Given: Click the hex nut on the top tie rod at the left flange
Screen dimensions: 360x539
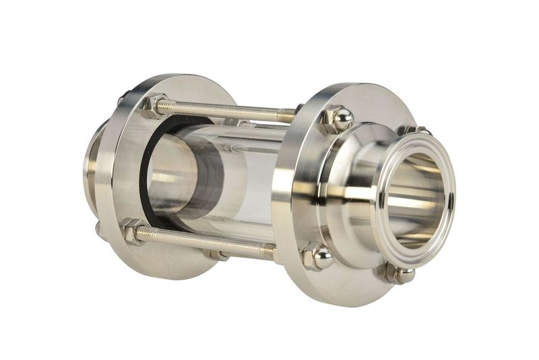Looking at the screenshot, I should [155, 105].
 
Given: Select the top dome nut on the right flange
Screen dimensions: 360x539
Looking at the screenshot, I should [339, 119].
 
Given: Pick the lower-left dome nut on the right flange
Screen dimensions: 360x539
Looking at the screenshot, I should [317, 257].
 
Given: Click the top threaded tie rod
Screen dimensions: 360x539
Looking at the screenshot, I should [222, 109].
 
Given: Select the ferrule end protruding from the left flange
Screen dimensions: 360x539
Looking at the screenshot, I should [91, 162].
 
